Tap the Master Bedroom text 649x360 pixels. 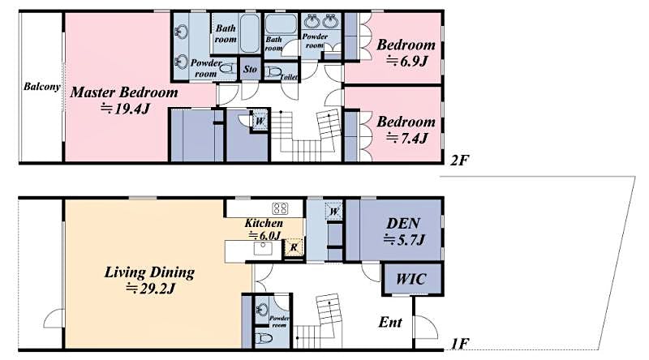tap(122, 92)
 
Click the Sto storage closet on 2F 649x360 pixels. tap(251, 70)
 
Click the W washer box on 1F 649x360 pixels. tap(333, 211)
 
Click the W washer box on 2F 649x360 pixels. tap(259, 120)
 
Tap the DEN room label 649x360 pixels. tap(402, 222)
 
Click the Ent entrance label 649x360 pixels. tap(391, 323)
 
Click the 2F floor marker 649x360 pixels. tap(459, 160)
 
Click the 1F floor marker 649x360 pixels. tap(459, 345)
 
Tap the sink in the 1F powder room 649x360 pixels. tap(260, 310)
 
